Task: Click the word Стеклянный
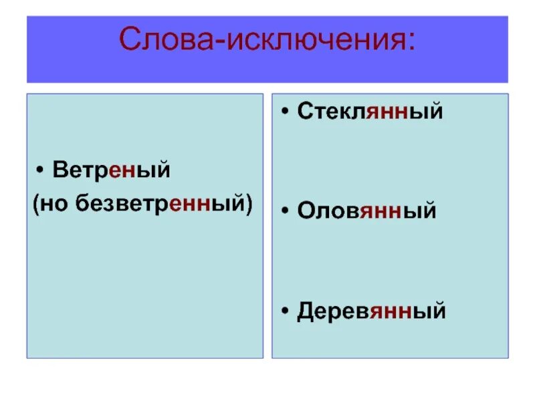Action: point(370,111)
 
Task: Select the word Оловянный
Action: point(366,211)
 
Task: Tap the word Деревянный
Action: point(371,311)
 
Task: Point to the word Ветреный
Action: point(112,170)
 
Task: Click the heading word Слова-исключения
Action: point(267,41)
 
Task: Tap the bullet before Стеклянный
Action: point(286,112)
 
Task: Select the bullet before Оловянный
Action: point(286,211)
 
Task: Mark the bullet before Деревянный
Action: point(286,311)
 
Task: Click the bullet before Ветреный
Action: point(41,171)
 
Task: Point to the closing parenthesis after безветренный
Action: point(249,205)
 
